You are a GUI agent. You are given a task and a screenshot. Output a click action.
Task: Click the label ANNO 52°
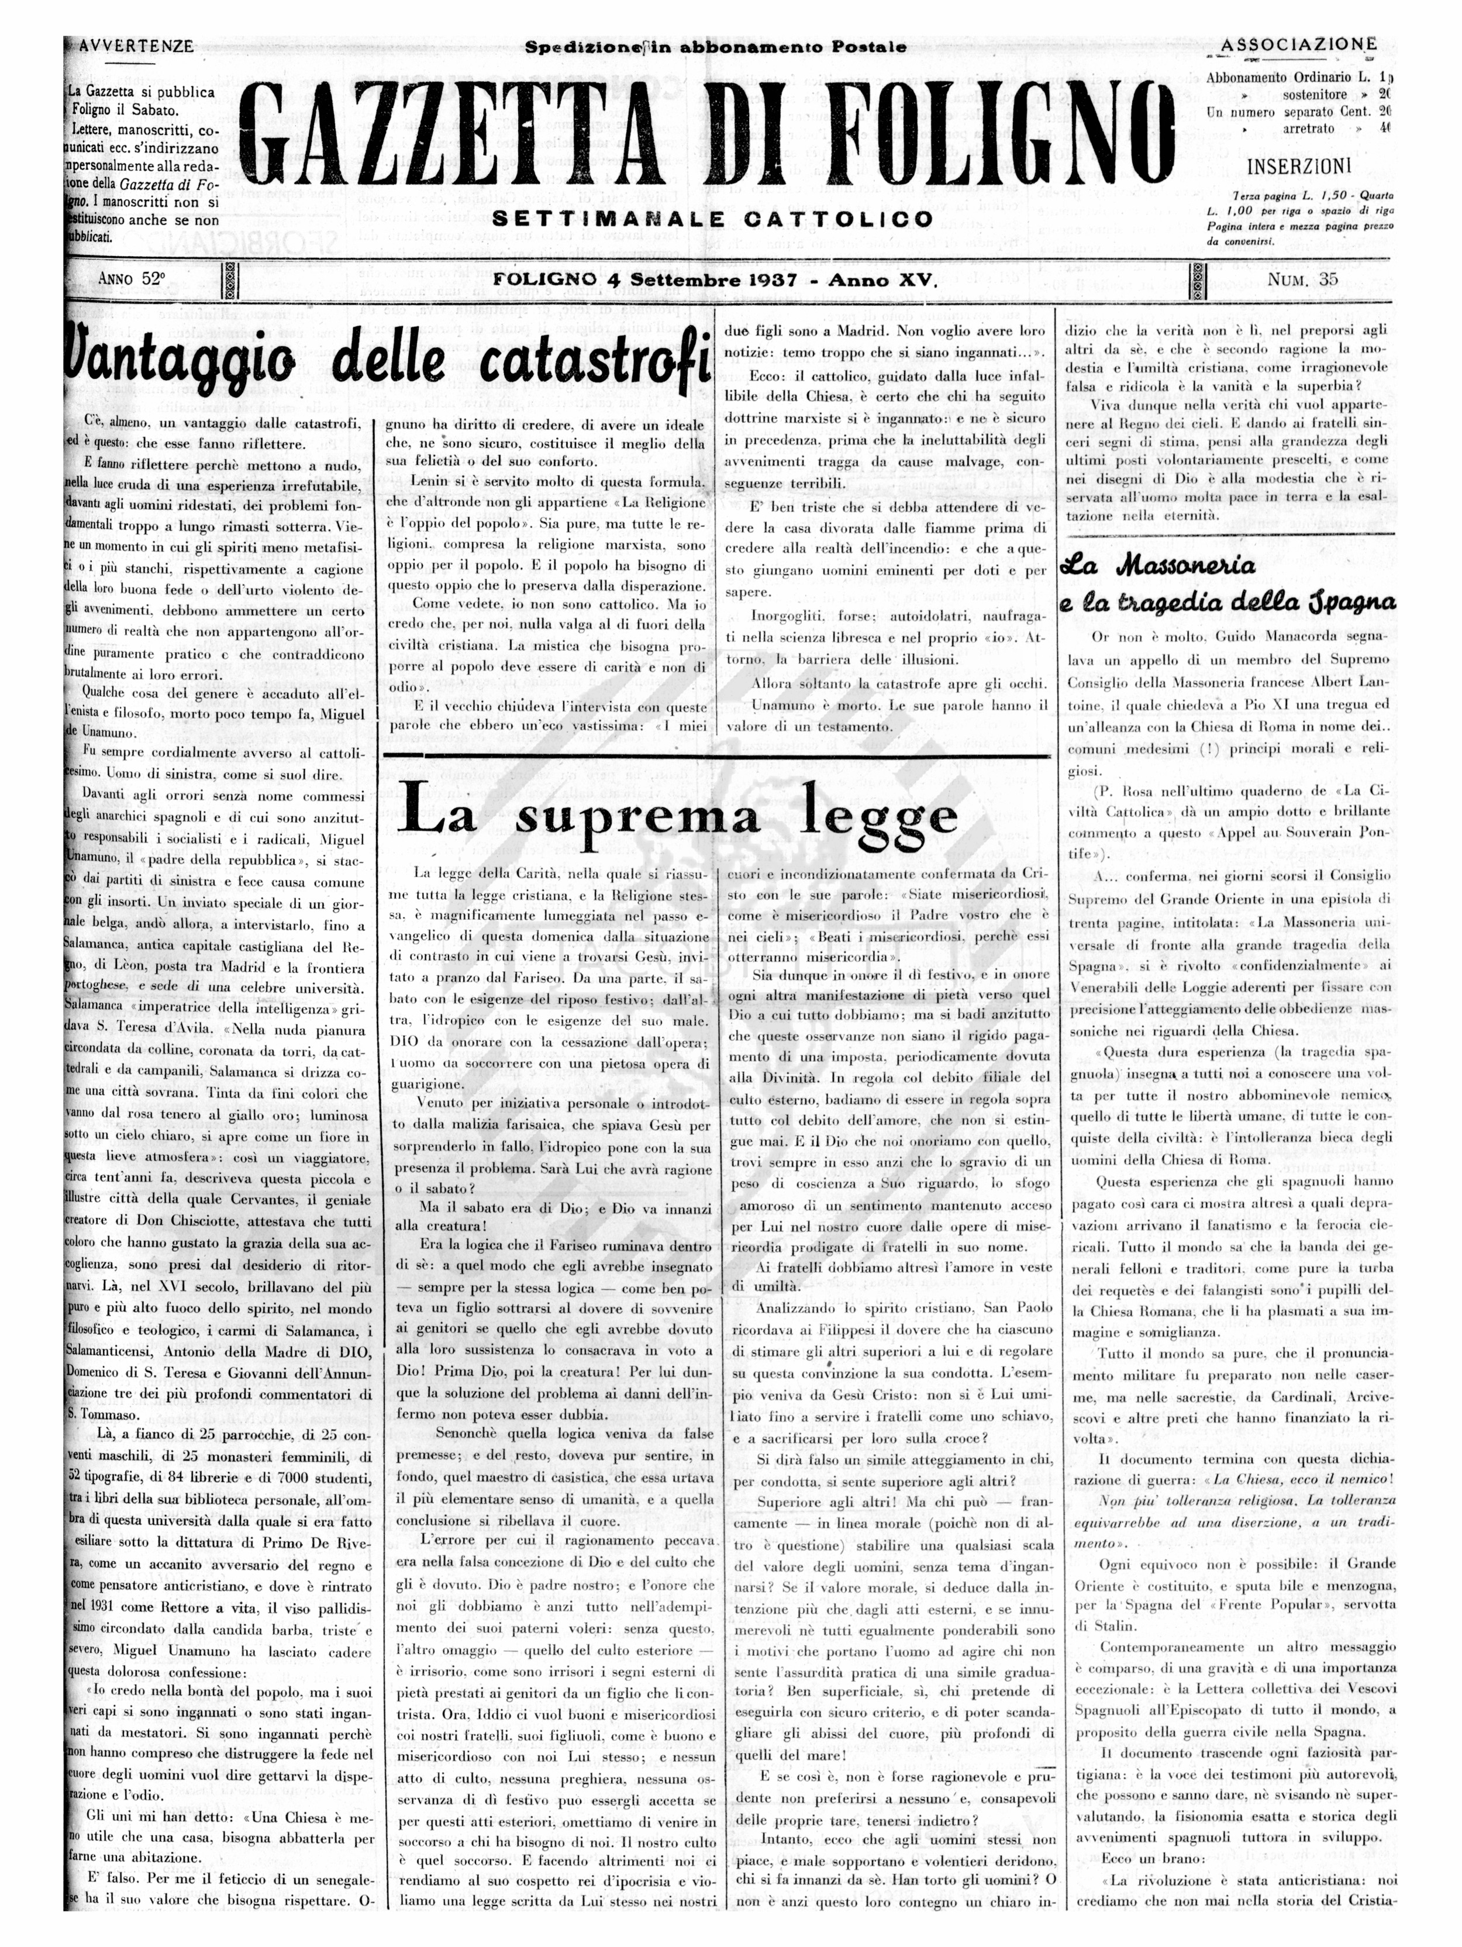point(132,280)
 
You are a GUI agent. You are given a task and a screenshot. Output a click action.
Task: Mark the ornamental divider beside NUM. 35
point(1198,281)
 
